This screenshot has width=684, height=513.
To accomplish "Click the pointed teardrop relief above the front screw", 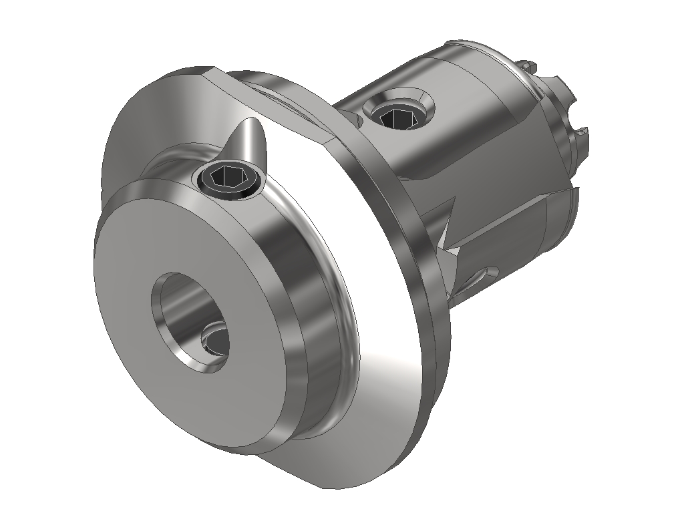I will (x=250, y=140).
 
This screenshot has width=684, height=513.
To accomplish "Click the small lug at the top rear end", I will (x=528, y=66).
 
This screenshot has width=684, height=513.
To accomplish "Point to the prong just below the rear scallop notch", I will (x=581, y=134).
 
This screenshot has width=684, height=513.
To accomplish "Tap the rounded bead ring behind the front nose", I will (x=334, y=334).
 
